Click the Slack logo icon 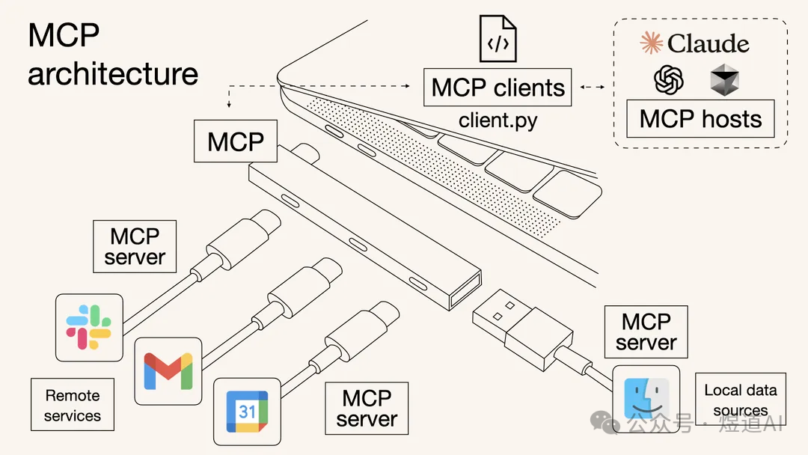pos(89,327)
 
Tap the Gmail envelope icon pos(168,370)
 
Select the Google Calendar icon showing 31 pos(247,411)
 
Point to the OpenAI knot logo pos(669,79)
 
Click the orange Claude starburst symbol pos(652,43)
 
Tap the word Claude pos(708,44)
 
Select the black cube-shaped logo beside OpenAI pos(724,79)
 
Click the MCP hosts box pos(700,119)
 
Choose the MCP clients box pos(498,88)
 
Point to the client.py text pos(498,120)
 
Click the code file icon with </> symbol pos(498,41)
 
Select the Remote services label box pos(73,405)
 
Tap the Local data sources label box pos(740,400)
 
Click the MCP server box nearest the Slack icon pos(135,246)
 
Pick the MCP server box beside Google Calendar pos(367,408)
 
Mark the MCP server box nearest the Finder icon pos(646,332)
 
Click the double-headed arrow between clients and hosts pos(593,88)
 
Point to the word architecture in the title pos(113,74)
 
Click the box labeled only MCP pos(236,141)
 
